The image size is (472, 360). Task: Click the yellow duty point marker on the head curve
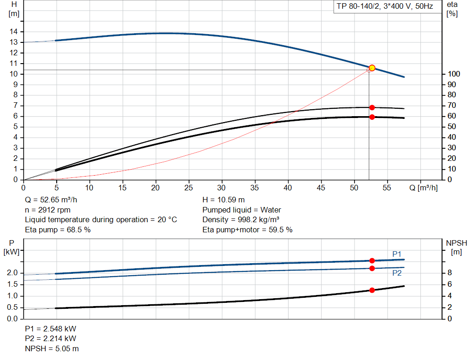coord(372,68)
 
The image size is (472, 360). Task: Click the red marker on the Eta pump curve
coord(372,107)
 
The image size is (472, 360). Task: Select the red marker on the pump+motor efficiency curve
coord(372,117)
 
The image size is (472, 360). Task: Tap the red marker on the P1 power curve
coord(372,260)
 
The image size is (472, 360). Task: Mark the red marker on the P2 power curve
coord(372,268)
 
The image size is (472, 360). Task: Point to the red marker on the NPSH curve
coord(372,290)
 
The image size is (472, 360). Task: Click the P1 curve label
coord(397,254)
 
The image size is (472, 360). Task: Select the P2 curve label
coord(397,273)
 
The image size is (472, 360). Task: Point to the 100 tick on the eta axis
coord(454,74)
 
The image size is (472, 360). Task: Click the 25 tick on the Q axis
coord(189,188)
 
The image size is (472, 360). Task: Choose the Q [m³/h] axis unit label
coord(423,188)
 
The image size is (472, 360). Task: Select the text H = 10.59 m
coord(224,200)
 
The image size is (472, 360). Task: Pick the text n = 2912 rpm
coord(47,210)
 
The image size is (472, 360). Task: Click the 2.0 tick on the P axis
coord(12,273)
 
